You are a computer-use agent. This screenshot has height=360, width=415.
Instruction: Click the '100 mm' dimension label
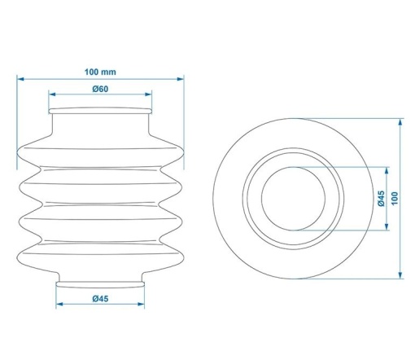pyautogui.click(x=100, y=72)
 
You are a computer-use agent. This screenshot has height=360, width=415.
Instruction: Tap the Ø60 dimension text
pyautogui.click(x=100, y=89)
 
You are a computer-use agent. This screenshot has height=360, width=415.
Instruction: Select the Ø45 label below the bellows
pyautogui.click(x=100, y=299)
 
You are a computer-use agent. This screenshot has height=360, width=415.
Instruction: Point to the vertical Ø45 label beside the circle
pyautogui.click(x=381, y=199)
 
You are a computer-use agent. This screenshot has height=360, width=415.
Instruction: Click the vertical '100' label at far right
pyautogui.click(x=395, y=199)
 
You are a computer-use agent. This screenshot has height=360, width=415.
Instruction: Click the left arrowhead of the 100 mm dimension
pyautogui.click(x=20, y=79)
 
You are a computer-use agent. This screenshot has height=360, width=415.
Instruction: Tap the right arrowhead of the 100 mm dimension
pyautogui.click(x=181, y=79)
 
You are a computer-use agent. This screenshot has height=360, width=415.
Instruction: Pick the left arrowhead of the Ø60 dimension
pyautogui.click(x=52, y=94)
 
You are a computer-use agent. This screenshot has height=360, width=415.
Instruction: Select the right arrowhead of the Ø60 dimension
pyautogui.click(x=148, y=94)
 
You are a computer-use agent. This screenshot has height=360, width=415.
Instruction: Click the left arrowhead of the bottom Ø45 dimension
pyautogui.click(x=59, y=304)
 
